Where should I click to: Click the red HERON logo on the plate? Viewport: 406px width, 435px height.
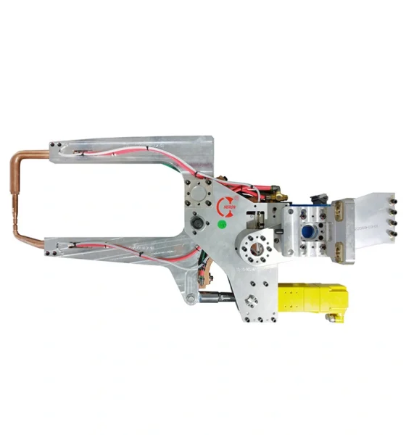click(226, 205)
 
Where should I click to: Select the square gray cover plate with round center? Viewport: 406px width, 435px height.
click(196, 193)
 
